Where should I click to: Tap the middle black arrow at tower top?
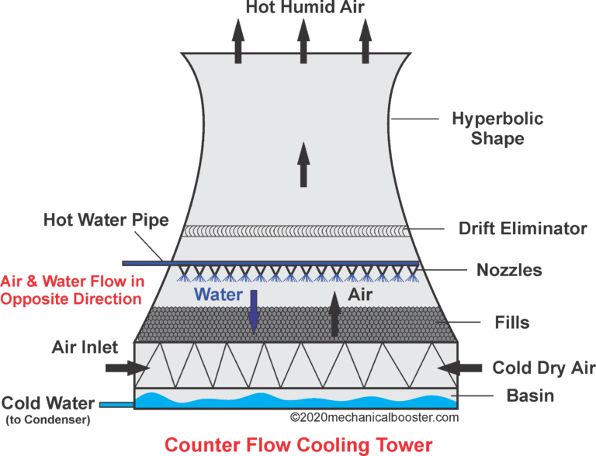302,40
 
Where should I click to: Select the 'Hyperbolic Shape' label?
497,129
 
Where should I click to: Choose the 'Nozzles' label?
509,271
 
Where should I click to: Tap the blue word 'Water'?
218,295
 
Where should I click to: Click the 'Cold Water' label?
47,403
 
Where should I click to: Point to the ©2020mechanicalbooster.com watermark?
374,417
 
